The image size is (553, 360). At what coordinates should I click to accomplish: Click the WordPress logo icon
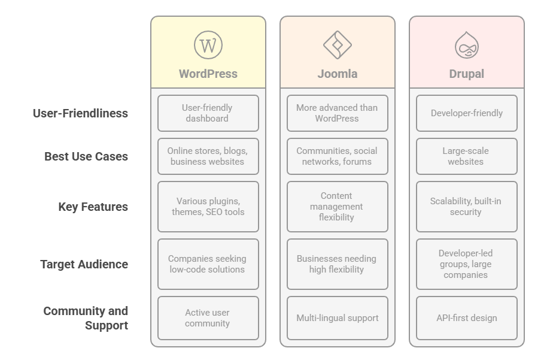coord(208,45)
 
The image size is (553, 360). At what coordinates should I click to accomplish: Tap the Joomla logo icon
coord(338,45)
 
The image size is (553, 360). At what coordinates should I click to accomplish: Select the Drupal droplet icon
coord(466,45)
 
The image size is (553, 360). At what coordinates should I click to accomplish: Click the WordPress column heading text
coord(208,74)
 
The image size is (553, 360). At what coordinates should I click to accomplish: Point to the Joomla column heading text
coord(338,74)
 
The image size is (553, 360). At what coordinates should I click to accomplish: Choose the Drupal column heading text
coord(466,74)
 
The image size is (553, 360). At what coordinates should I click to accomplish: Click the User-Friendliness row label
coord(80,113)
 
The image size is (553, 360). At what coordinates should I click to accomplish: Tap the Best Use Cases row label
coord(86,156)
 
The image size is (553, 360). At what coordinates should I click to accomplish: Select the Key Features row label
coord(93,207)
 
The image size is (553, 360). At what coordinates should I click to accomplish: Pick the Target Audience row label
coord(84,264)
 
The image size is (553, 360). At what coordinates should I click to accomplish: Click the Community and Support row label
coord(86,318)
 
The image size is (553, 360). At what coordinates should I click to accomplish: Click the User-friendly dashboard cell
coord(208,113)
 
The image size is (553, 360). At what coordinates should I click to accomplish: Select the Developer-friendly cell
coord(466,113)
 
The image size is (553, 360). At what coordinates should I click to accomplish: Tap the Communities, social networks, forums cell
coord(337,156)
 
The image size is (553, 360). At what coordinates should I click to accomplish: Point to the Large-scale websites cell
coord(466,156)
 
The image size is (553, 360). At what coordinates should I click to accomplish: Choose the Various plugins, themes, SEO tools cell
coord(208,207)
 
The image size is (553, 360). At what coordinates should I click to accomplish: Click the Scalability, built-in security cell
coord(466,207)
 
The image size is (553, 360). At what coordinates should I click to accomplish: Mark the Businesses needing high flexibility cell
coord(337,264)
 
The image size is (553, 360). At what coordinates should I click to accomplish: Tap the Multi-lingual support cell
coord(337,318)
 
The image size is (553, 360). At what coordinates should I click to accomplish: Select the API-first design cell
coord(466,318)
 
